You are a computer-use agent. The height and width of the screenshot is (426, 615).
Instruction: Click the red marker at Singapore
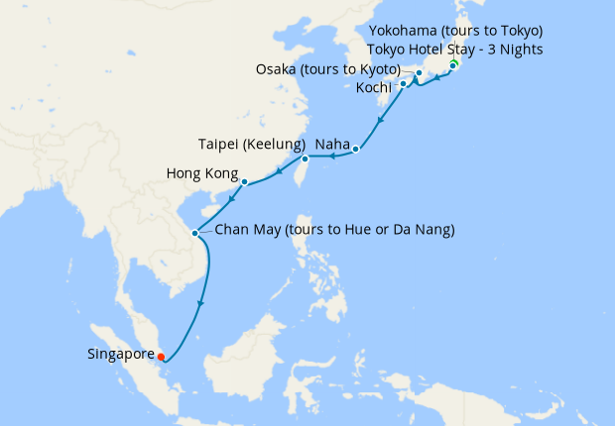pyautogui.click(x=161, y=358)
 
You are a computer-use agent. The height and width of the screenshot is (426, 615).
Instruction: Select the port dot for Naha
pyautogui.click(x=356, y=150)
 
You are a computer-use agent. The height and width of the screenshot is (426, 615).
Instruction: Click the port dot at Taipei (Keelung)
pyautogui.click(x=305, y=159)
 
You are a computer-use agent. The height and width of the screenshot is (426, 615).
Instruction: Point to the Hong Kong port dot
pyautogui.click(x=244, y=181)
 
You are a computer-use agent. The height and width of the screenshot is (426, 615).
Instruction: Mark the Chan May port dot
pyautogui.click(x=195, y=233)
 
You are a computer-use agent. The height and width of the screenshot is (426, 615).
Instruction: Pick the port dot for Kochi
pyautogui.click(x=403, y=85)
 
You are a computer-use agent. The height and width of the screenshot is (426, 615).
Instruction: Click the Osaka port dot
pyautogui.click(x=419, y=73)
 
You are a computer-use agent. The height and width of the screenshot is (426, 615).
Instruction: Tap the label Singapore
pyautogui.click(x=120, y=354)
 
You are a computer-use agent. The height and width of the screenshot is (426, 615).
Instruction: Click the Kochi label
pyautogui.click(x=375, y=87)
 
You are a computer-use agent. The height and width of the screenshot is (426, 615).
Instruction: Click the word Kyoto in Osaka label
pyautogui.click(x=377, y=69)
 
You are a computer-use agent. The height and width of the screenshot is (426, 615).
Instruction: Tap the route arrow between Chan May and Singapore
pyautogui.click(x=202, y=302)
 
